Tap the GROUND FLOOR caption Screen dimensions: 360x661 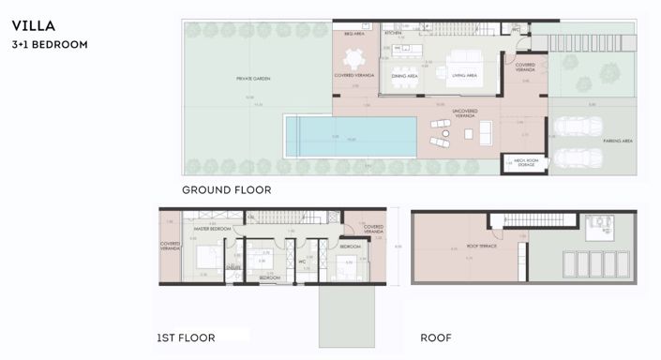pos(226,189)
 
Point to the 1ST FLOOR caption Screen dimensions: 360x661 pos(186,337)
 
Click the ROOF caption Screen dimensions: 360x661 pos(435,337)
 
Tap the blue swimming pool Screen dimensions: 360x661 pos(351,137)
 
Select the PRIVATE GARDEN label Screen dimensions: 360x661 pos(252,79)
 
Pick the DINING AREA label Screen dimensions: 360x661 pos(405,76)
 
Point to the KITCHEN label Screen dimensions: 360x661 pos(393,33)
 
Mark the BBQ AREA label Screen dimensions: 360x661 pos(353,34)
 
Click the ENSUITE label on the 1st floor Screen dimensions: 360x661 pos(233,267)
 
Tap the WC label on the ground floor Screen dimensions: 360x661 pos(515,29)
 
